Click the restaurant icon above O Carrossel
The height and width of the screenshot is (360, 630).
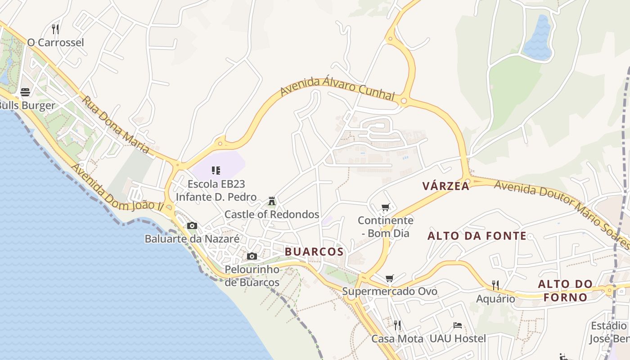(x=55, y=29)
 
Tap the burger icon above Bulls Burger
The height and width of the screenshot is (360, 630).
(x=25, y=92)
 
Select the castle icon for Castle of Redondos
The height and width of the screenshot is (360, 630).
(x=272, y=201)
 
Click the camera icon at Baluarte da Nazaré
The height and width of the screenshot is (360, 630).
(x=192, y=225)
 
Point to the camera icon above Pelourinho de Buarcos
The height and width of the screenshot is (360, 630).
(x=252, y=256)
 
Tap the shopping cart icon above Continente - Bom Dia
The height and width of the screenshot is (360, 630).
(x=385, y=207)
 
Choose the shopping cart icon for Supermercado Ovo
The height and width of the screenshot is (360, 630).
(x=390, y=278)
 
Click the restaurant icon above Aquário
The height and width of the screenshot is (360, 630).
(x=495, y=285)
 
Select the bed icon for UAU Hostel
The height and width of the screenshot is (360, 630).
(x=458, y=325)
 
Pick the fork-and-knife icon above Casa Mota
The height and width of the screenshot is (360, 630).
(x=397, y=325)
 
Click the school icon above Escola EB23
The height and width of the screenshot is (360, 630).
(x=216, y=170)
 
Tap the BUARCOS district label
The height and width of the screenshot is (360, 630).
(x=315, y=252)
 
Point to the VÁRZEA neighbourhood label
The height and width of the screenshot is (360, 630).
(x=446, y=186)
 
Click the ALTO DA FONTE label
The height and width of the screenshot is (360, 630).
(x=477, y=236)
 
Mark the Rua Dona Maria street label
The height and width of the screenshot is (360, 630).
(x=116, y=124)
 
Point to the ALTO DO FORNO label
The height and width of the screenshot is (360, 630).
(x=566, y=291)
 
